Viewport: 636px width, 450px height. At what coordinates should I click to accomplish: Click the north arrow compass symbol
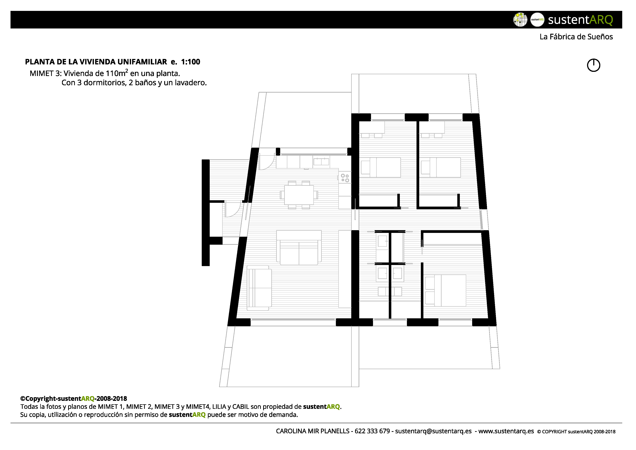[x=593, y=65]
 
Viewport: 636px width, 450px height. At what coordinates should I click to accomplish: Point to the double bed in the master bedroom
[x=446, y=290]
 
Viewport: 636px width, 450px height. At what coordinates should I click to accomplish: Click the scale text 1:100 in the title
[x=190, y=62]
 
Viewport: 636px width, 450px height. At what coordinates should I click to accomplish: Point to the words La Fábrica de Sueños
[x=576, y=37]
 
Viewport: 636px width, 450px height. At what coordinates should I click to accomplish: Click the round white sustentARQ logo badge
[x=537, y=20]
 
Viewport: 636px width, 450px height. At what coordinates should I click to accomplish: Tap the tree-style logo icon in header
[x=520, y=20]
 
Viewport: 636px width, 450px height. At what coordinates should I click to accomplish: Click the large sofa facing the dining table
[x=299, y=248]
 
